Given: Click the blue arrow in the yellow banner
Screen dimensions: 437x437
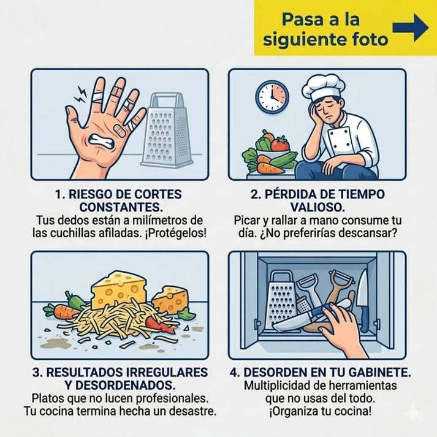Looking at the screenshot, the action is [410, 28].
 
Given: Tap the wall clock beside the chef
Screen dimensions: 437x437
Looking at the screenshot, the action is [272, 97].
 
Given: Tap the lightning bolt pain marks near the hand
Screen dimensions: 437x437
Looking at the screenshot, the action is [80, 94].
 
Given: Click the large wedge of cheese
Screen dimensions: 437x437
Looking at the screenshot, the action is [119, 290].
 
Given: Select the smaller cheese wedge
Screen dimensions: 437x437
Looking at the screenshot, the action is [170, 300].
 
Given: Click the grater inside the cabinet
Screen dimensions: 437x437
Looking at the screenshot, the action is [281, 301].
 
